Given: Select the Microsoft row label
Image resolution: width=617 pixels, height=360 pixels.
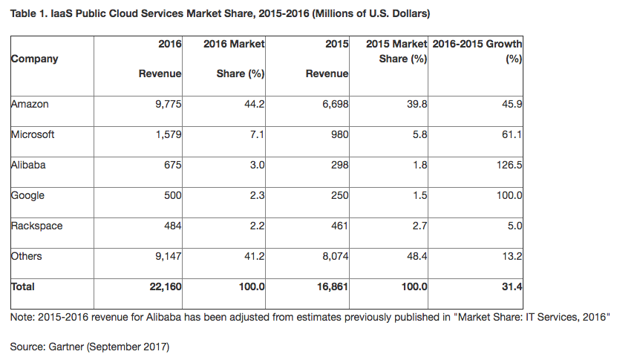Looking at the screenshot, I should (33, 134).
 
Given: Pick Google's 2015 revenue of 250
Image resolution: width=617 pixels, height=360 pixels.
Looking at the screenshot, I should (339, 195).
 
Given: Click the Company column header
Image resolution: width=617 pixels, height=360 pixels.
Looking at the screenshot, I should (34, 59).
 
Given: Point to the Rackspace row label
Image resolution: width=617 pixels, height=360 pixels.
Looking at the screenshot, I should (37, 226).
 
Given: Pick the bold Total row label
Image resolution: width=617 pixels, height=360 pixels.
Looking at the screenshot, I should (23, 287).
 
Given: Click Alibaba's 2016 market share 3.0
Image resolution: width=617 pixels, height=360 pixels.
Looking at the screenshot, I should (257, 165).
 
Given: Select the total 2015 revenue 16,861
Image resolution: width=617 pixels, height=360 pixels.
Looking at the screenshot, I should (330, 287).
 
